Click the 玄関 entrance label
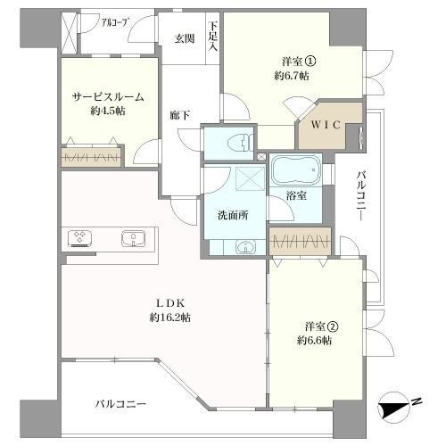pyautogui.click(x=185, y=38)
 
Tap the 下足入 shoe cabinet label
pyautogui.click(x=212, y=35)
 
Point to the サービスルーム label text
pyautogui.click(x=107, y=97)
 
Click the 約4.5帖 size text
pyautogui.click(x=107, y=112)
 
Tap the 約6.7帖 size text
pyautogui.click(x=293, y=77)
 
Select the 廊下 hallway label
pyautogui.click(x=180, y=114)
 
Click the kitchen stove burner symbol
pyautogui.click(x=81, y=239)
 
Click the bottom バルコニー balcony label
pyautogui.click(x=121, y=403)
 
